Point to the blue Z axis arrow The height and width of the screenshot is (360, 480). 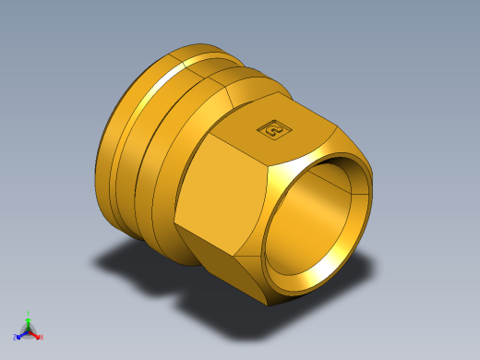click(x=20, y=335)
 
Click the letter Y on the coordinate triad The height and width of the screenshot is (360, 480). click(x=29, y=313)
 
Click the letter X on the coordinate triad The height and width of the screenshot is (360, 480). click(x=42, y=338)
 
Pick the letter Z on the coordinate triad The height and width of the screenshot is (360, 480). click(x=16, y=338)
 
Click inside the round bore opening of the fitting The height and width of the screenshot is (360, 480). click(x=314, y=226)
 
